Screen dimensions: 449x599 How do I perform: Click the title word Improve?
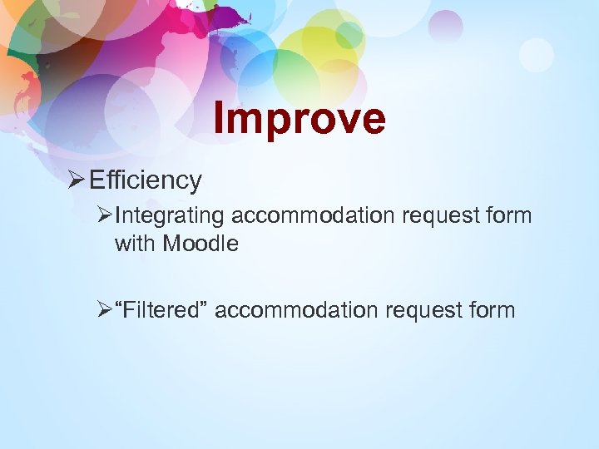[299, 118]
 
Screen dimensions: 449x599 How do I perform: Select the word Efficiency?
[146, 180]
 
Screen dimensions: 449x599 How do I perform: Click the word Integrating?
[170, 216]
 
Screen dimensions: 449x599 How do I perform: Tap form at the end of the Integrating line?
[510, 216]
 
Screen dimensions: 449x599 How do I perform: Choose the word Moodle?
[201, 244]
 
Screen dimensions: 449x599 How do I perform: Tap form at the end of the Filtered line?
[494, 310]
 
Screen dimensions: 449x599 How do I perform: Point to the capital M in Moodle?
[171, 244]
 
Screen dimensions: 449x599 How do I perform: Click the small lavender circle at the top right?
[446, 26]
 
